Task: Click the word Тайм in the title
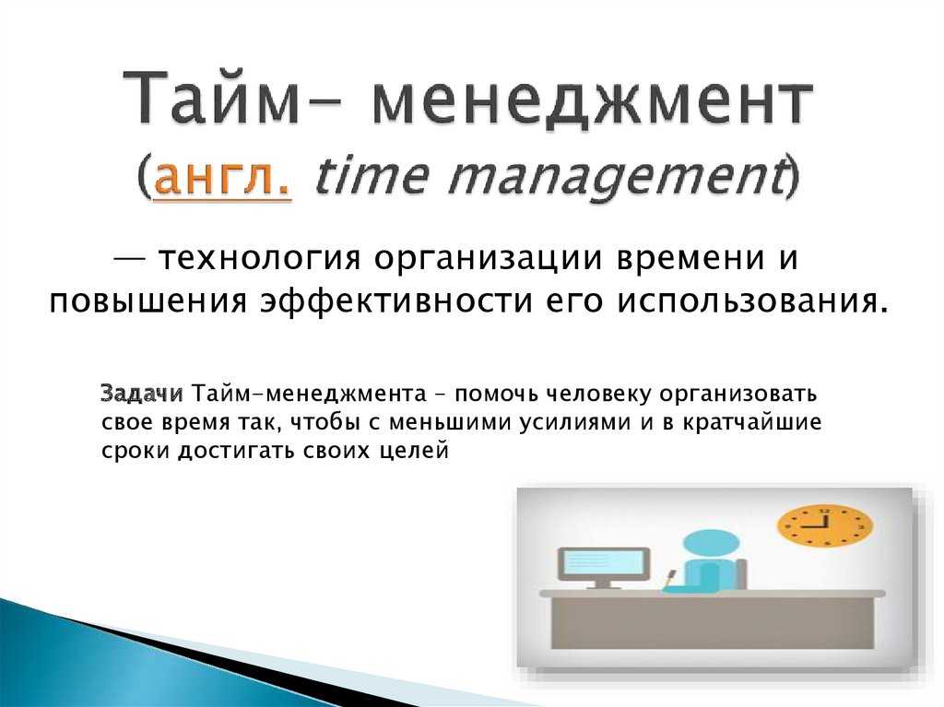(211, 98)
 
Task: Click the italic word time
(372, 175)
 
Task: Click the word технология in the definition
(259, 259)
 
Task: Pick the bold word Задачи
(142, 394)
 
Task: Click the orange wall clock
(824, 525)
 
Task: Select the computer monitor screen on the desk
(604, 564)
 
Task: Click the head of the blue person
(711, 545)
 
